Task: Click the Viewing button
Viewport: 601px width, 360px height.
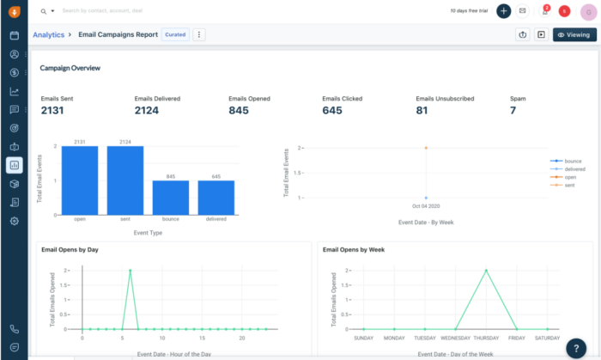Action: coord(574,35)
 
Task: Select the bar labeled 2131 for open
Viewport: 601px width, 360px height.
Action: coord(80,180)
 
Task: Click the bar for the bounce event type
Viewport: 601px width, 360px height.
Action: coord(171,197)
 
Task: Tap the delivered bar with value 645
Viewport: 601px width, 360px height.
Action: coord(216,197)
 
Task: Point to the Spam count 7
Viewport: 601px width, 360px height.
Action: coord(513,110)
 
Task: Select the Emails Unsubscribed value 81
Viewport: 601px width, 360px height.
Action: coord(422,110)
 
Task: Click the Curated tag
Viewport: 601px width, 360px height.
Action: coord(174,35)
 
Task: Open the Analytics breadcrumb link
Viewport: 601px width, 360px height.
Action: coord(48,35)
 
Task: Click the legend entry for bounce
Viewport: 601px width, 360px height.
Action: coord(571,161)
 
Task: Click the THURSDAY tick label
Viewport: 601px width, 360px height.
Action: coord(486,338)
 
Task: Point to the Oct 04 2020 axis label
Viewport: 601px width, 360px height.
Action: coord(425,206)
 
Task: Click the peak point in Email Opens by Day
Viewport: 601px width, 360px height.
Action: coord(131,271)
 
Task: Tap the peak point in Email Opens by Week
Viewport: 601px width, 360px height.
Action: coord(486,271)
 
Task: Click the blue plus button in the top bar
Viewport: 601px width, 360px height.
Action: coord(503,11)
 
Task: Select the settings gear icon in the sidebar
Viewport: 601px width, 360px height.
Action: coord(15,221)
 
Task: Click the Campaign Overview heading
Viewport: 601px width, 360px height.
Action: coord(70,67)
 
